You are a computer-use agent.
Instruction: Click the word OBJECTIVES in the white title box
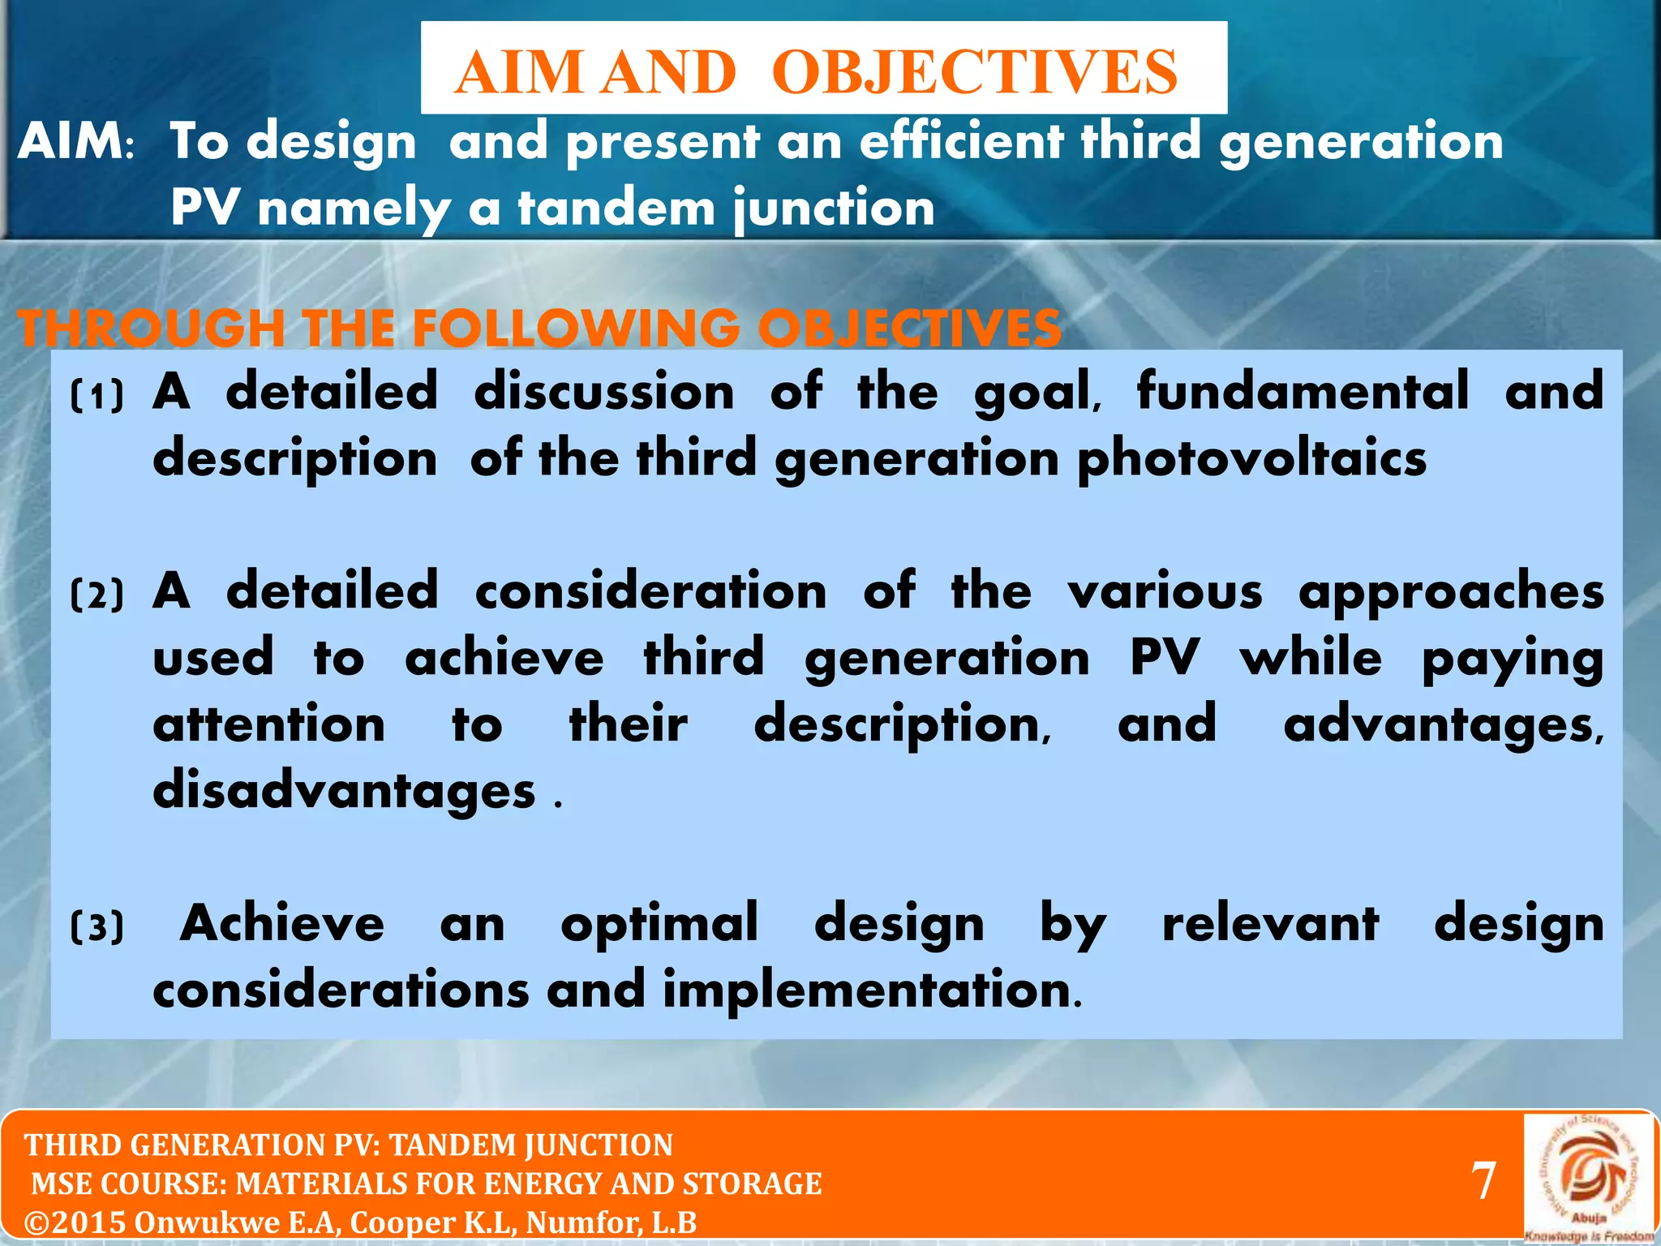pyautogui.click(x=974, y=72)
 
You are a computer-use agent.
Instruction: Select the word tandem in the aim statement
pyautogui.click(x=616, y=208)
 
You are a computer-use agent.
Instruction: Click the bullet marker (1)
pyautogui.click(x=97, y=397)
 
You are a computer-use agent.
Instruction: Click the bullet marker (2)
pyautogui.click(x=97, y=595)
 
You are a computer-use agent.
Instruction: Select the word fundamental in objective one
pyautogui.click(x=1303, y=391)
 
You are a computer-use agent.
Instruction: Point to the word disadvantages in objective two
pyautogui.click(x=344, y=791)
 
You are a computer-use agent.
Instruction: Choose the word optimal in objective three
pyautogui.click(x=659, y=923)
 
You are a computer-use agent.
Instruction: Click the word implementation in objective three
pyautogui.click(x=871, y=991)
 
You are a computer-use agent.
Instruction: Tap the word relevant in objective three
pyautogui.click(x=1270, y=923)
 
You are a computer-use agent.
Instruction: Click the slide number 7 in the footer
pyautogui.click(x=1483, y=1181)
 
